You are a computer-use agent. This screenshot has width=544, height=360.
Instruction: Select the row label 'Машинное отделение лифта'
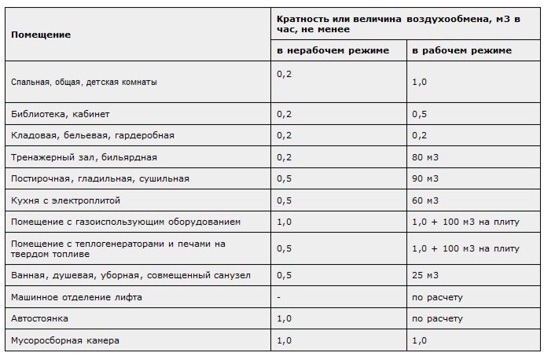(x=72, y=298)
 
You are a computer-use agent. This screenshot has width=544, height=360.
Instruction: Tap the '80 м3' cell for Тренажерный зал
(x=427, y=157)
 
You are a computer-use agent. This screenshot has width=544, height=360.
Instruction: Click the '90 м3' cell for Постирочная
(x=427, y=178)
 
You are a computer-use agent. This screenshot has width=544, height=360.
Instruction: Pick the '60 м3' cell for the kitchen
(x=427, y=200)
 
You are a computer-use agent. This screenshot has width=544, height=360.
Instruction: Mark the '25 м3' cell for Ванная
(x=427, y=276)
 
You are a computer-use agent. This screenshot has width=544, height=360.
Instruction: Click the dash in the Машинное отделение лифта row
(x=279, y=298)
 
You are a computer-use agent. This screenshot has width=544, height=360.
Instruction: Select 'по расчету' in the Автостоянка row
(x=437, y=320)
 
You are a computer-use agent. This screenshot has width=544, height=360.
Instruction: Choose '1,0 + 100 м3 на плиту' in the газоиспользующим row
(x=465, y=222)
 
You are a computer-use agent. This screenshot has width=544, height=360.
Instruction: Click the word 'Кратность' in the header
(x=301, y=18)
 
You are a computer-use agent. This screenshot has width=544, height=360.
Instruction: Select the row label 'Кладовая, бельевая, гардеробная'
(x=92, y=135)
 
